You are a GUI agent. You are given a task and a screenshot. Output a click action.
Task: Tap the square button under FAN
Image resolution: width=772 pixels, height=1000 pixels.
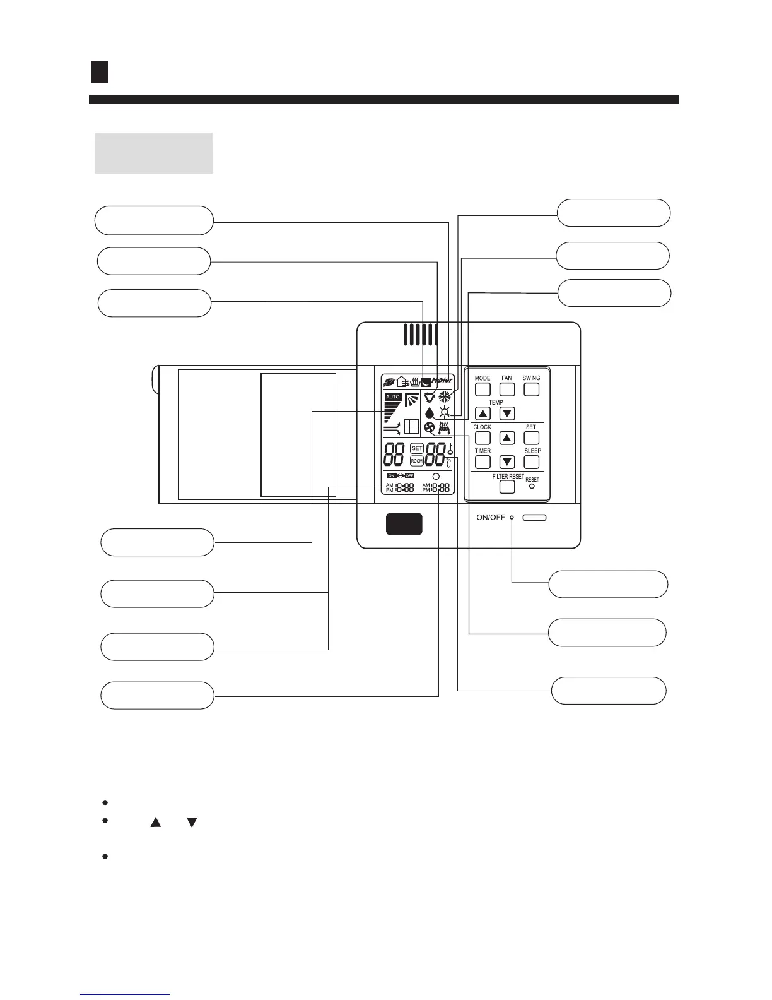(x=507, y=390)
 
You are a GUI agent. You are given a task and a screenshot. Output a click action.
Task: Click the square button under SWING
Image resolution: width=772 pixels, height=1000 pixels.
(x=532, y=390)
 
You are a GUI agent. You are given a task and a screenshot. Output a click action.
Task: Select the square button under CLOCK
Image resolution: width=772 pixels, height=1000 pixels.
(x=482, y=437)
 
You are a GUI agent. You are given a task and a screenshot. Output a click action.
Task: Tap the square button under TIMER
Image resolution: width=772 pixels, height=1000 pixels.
(x=482, y=462)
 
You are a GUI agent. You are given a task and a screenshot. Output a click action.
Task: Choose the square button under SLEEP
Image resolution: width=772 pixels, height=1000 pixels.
(x=532, y=462)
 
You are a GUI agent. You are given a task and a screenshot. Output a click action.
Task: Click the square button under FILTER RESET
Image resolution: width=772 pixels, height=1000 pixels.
(x=507, y=487)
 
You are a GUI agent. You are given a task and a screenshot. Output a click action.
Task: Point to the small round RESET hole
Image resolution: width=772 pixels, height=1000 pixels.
(x=532, y=487)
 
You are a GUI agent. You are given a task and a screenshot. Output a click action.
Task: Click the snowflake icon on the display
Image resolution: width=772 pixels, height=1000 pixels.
(x=445, y=398)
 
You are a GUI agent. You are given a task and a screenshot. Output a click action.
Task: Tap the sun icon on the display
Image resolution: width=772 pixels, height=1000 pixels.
(x=445, y=413)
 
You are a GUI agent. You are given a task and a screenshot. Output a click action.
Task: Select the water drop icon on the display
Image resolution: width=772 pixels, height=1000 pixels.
(x=430, y=414)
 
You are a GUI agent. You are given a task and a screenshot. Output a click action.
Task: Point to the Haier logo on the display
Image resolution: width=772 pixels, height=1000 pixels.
(x=443, y=381)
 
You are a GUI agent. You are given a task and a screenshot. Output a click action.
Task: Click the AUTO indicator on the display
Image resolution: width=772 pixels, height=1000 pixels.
(x=392, y=396)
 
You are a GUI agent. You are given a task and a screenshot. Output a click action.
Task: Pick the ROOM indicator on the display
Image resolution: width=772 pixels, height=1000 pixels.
(x=416, y=461)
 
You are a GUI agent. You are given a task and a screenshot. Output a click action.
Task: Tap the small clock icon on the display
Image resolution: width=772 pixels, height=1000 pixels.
(x=436, y=476)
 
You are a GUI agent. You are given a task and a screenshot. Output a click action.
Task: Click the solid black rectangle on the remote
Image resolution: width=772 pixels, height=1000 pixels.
(x=404, y=524)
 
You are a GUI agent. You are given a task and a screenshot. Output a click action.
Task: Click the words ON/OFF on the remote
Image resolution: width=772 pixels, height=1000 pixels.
(x=491, y=518)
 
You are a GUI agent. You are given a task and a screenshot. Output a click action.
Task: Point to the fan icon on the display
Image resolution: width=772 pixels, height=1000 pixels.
(x=430, y=429)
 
